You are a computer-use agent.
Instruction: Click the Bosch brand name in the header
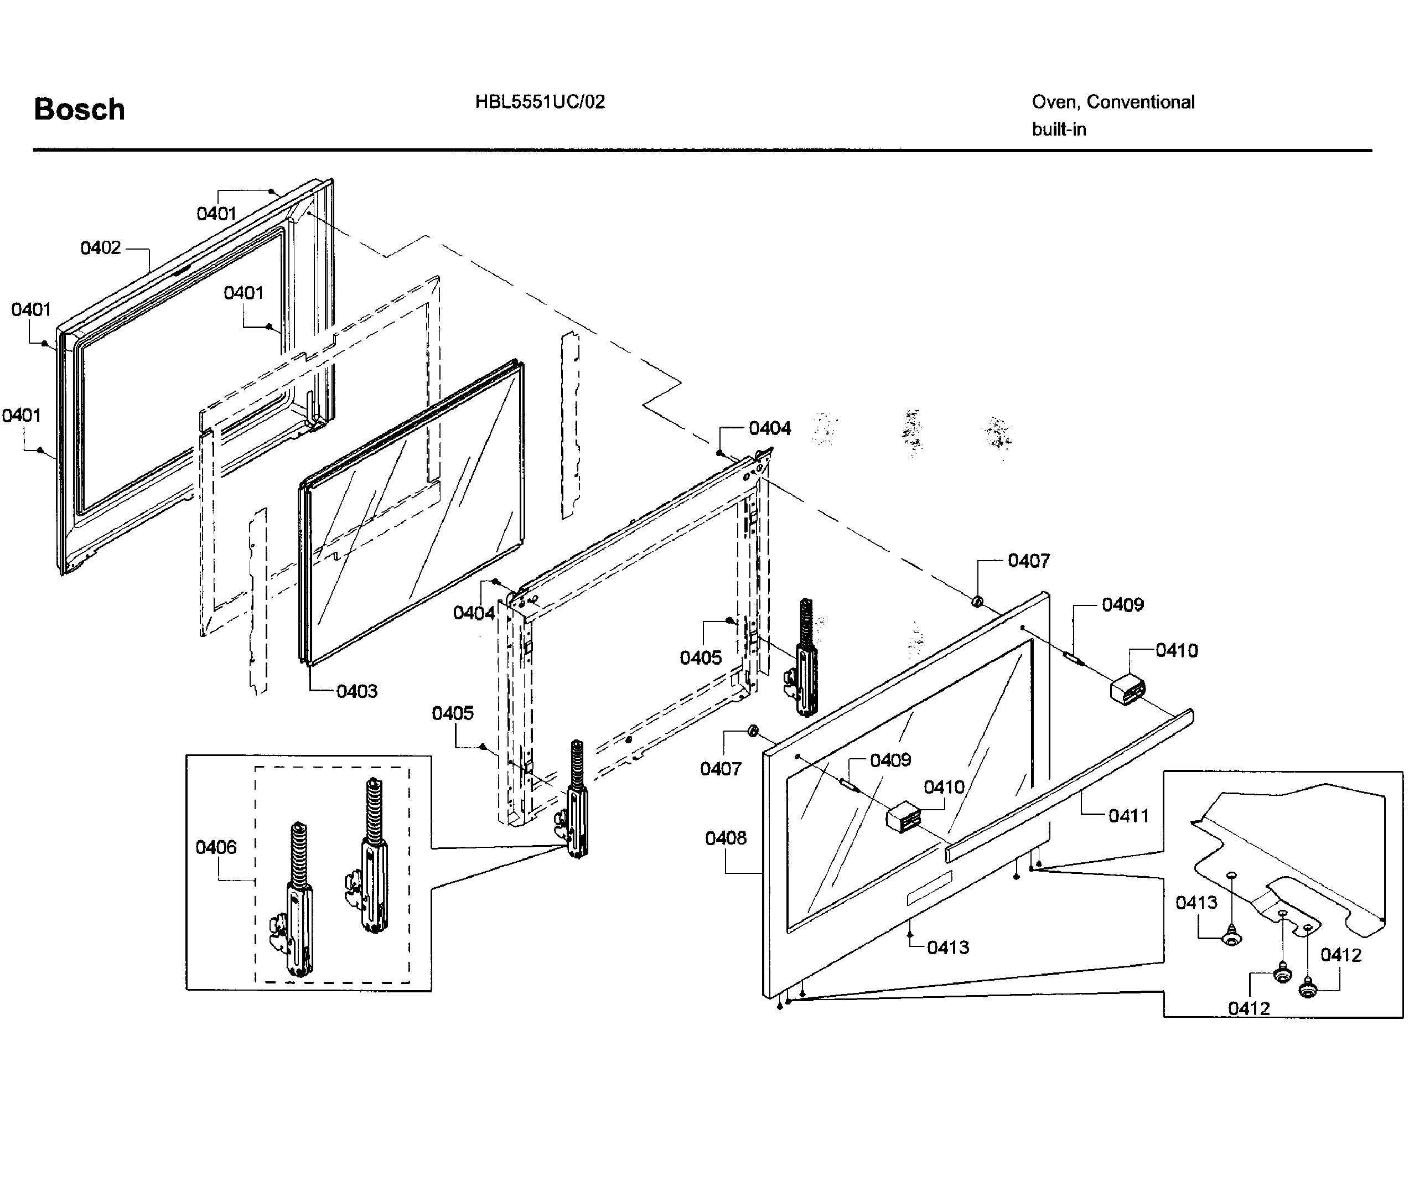(79, 109)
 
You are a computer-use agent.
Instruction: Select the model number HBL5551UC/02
(540, 102)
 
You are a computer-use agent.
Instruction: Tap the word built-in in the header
(1059, 129)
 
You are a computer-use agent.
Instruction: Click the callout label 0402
(100, 248)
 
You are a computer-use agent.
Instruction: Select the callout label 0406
(216, 847)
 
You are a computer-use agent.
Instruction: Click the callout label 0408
(726, 838)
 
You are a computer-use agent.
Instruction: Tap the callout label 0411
(1128, 816)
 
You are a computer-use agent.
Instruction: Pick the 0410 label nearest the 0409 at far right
(1177, 650)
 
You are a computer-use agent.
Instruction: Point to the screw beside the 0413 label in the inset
(1231, 938)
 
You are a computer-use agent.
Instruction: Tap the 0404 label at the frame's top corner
(770, 428)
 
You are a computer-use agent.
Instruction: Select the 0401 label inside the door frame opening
(244, 293)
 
